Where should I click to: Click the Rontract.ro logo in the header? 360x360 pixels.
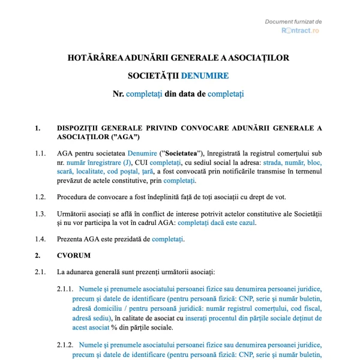[300, 30]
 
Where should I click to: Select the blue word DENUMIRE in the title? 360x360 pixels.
[205, 76]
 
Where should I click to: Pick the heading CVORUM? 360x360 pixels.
[74, 256]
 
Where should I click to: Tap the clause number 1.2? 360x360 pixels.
[40, 197]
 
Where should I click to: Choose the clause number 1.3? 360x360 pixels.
[40, 214]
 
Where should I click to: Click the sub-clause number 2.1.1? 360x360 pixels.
[65, 289]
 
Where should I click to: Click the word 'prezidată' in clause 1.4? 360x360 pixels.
[133, 239]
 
